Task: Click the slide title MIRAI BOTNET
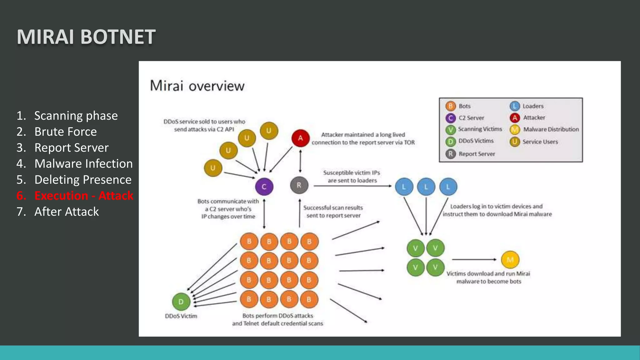(86, 37)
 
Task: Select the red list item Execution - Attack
(83, 196)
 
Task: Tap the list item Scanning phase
(76, 116)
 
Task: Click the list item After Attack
(66, 212)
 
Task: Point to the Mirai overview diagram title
(197, 86)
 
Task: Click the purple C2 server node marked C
(264, 187)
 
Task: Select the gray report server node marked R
(299, 185)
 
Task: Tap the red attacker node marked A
(300, 138)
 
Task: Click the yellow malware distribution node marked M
(510, 260)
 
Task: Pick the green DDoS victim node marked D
(181, 302)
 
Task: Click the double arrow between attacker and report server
(300, 161)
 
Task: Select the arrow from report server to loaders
(352, 186)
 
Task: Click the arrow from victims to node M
(474, 259)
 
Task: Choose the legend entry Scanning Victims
(480, 129)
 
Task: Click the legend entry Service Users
(540, 142)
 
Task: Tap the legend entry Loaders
(533, 106)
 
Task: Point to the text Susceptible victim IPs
(352, 173)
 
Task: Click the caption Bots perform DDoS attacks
(277, 316)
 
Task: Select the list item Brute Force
(65, 132)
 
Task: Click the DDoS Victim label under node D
(181, 316)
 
